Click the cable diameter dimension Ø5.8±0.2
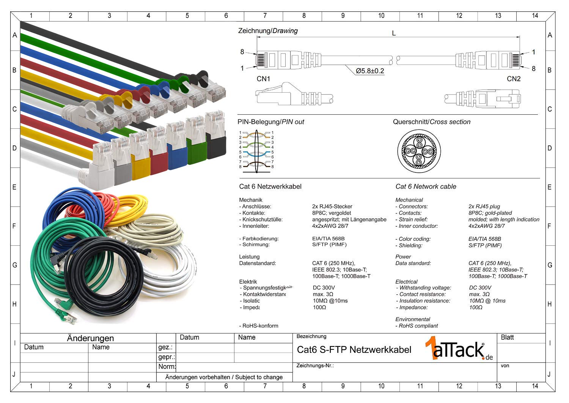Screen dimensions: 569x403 (x=369, y=71)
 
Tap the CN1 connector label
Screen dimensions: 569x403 (x=263, y=79)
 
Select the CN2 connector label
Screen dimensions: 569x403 (x=514, y=79)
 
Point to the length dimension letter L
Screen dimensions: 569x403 (x=394, y=33)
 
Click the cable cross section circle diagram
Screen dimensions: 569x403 (x=419, y=151)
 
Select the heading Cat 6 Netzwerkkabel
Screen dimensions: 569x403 (x=270, y=186)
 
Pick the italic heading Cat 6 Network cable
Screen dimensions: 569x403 (x=426, y=186)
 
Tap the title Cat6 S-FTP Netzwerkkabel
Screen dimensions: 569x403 (x=354, y=350)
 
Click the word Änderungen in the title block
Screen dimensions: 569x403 (x=90, y=338)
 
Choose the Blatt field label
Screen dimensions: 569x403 (x=507, y=337)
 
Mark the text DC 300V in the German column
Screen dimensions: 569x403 (x=324, y=288)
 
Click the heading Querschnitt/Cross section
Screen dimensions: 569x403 (x=431, y=122)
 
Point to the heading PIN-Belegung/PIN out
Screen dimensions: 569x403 (x=270, y=122)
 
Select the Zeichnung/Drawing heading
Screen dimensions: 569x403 (x=268, y=31)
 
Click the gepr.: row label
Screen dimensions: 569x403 (x=166, y=357)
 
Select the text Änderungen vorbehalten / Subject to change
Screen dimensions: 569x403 (x=224, y=377)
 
